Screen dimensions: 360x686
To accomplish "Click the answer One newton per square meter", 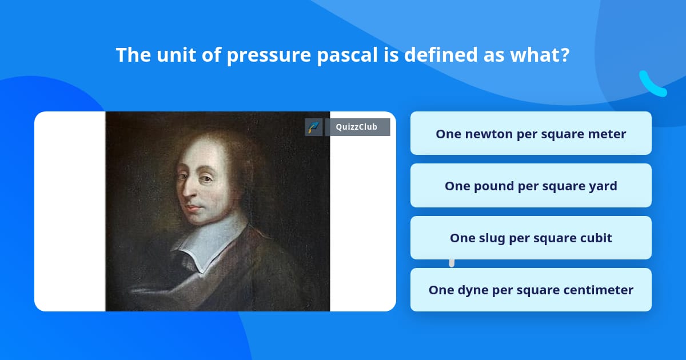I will tap(531, 134).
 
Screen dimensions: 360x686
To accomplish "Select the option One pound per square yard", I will tap(531, 186).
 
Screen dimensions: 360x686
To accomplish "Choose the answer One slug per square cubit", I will tap(531, 238).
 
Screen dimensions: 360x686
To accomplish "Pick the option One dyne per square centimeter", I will tap(531, 290).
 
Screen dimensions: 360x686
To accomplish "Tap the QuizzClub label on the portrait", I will tap(357, 127).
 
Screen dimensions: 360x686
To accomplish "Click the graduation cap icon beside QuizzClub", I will tap(314, 127).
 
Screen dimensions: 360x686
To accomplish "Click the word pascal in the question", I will tap(348, 55).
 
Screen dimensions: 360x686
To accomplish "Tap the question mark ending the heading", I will tap(565, 55).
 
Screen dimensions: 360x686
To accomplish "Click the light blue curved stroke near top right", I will tap(652, 85).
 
